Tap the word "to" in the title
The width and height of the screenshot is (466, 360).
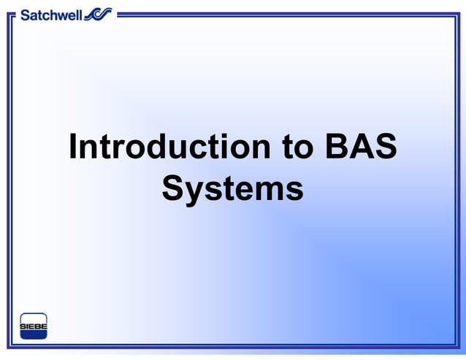[297, 148]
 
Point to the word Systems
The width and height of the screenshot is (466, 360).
[232, 188]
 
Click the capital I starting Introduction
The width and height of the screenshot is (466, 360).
[74, 148]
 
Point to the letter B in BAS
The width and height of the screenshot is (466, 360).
[337, 148]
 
